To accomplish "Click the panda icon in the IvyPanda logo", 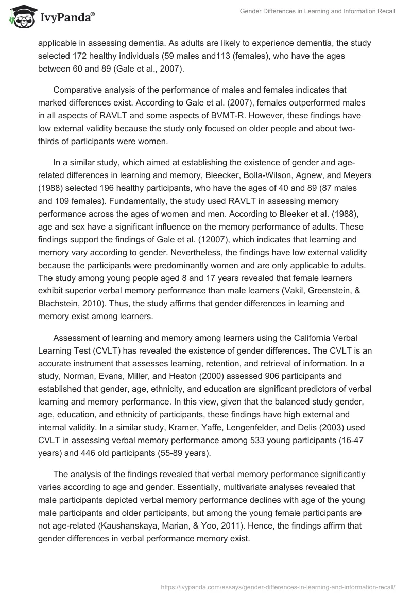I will point(20,16).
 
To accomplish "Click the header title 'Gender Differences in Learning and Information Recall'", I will point(318,11).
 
